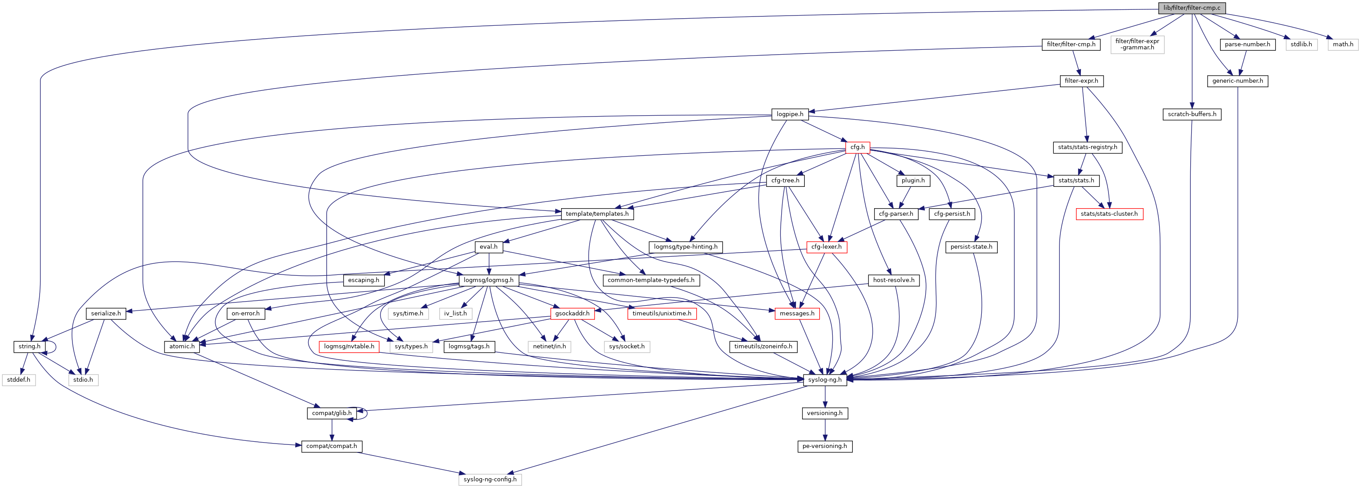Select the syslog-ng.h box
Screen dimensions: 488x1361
(x=825, y=379)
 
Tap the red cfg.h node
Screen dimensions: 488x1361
(x=858, y=147)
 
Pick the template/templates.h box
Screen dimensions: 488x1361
(x=597, y=214)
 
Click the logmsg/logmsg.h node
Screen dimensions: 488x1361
(x=488, y=280)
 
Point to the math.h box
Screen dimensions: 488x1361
(x=1342, y=44)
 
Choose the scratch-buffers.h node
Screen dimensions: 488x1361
(x=1192, y=114)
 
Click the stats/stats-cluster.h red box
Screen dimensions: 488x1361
(x=1109, y=214)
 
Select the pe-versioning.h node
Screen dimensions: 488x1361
(x=824, y=446)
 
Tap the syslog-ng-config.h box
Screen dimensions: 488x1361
(x=490, y=480)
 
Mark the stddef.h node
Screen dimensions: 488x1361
(x=19, y=379)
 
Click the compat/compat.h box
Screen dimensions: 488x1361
(x=331, y=446)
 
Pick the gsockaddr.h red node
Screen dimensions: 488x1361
(x=572, y=314)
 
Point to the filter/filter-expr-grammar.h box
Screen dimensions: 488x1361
(x=1137, y=44)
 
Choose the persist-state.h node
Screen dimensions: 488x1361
(x=971, y=247)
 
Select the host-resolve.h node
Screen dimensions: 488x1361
(x=893, y=280)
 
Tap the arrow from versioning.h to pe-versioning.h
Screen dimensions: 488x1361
(x=825, y=429)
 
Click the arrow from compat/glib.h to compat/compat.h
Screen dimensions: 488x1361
(x=332, y=429)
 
